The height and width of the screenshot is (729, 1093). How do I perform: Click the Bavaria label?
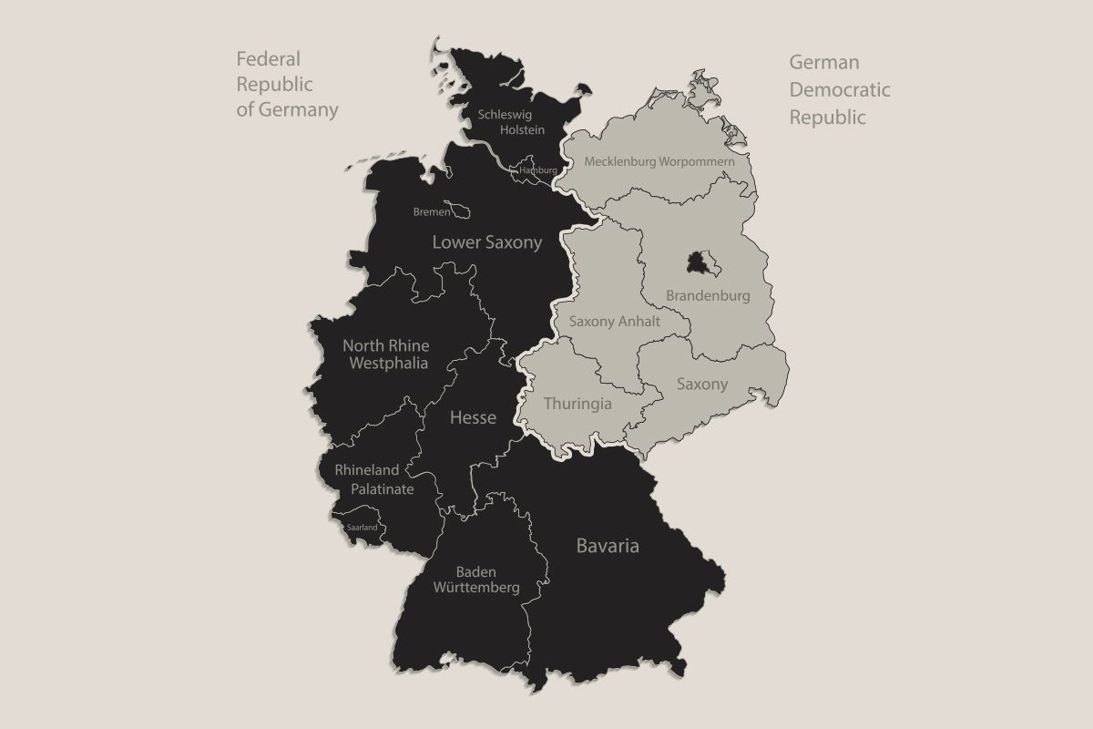click(608, 546)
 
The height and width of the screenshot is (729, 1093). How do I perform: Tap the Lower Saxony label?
click(486, 242)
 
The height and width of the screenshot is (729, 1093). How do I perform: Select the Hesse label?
click(473, 417)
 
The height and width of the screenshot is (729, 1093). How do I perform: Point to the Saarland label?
click(362, 528)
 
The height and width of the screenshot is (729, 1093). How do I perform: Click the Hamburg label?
click(537, 170)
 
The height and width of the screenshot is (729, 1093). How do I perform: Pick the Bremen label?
click(432, 211)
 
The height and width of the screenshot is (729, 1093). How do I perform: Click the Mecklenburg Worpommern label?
click(659, 161)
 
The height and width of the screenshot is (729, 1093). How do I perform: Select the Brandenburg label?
click(708, 296)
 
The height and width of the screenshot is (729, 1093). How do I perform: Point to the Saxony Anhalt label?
click(615, 321)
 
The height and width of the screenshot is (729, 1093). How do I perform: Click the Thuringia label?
click(577, 403)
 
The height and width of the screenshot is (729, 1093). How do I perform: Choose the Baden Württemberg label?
click(475, 580)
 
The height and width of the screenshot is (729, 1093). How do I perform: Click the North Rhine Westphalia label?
click(385, 354)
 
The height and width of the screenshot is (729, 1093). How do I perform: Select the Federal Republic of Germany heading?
click(287, 85)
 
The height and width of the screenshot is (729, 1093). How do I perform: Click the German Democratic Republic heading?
click(839, 89)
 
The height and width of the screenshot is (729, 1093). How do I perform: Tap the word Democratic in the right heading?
click(839, 89)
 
